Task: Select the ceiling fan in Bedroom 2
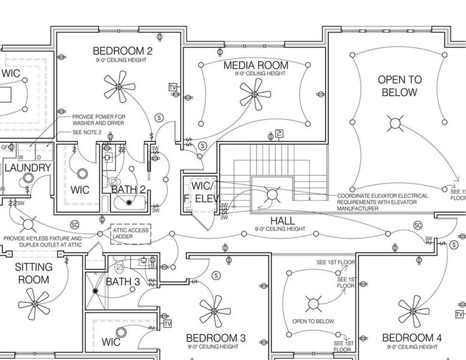coord(118,88)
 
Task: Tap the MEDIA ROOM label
coord(256,65)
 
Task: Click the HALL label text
coord(282,220)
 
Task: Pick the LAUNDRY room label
coord(28,167)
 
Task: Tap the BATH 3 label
coord(123,281)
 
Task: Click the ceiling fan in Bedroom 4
coord(414,310)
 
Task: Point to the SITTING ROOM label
coord(33,273)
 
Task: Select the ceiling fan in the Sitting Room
coord(34,305)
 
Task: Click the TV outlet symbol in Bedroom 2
coord(173,88)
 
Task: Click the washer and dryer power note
coord(99,120)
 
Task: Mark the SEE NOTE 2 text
coord(87,132)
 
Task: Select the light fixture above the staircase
coord(271,194)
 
